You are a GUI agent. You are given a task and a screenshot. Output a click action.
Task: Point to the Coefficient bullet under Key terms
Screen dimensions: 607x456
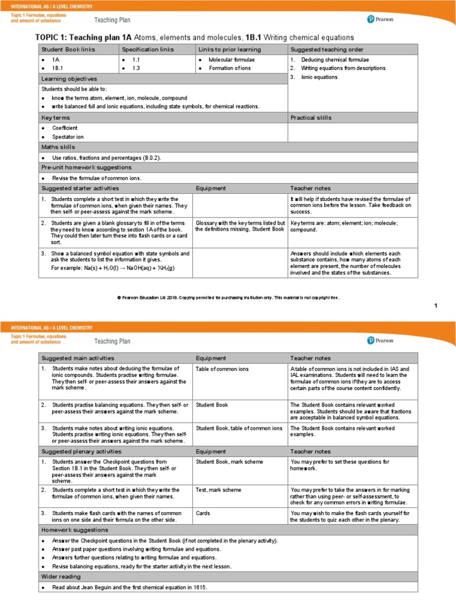[x=64, y=128]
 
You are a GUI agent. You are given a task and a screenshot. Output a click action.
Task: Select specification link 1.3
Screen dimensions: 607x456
[x=136, y=69]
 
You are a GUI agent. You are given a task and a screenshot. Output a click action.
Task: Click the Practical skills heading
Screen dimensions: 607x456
[x=311, y=118]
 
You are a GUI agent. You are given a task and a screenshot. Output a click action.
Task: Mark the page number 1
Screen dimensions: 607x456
[x=435, y=305]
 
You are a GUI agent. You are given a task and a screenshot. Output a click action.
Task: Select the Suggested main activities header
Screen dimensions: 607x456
[x=77, y=358]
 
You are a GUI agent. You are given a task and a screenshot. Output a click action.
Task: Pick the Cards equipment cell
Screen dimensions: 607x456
[x=203, y=513]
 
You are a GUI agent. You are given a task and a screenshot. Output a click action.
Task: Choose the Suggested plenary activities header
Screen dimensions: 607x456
[x=81, y=452]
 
